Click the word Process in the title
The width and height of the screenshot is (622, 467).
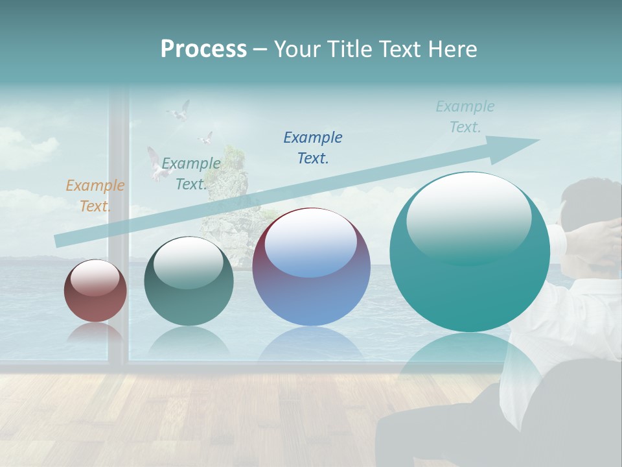tap(203, 49)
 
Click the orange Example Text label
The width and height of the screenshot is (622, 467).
tap(95, 195)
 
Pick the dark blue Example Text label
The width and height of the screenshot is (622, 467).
tap(313, 147)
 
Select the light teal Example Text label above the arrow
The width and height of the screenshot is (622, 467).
tap(465, 116)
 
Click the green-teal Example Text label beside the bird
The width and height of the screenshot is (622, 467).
tap(191, 173)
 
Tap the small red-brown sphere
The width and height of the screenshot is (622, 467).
tap(95, 291)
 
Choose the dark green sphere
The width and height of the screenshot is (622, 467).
tap(189, 281)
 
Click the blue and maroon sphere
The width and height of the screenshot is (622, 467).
tap(311, 267)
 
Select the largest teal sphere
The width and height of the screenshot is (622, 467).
tap(470, 252)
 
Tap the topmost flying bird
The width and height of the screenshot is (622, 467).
tap(179, 111)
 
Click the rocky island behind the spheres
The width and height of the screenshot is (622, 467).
tap(227, 208)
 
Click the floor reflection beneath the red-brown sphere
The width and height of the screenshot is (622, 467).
tap(95, 334)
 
